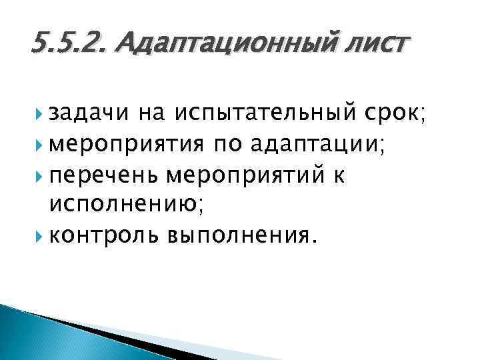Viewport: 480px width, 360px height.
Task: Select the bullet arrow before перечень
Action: pos(41,176)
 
